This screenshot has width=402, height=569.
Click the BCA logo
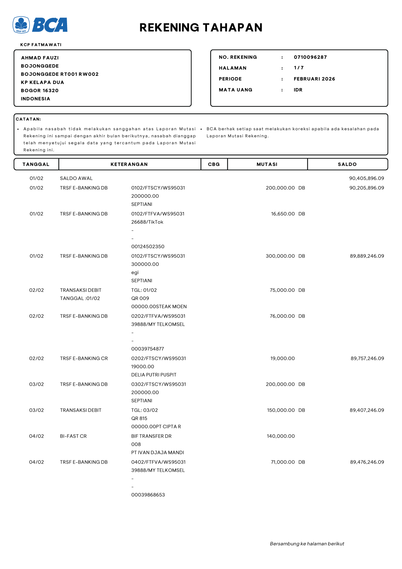40,25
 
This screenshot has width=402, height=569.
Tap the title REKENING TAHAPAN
201,28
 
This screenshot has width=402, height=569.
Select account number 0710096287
310,57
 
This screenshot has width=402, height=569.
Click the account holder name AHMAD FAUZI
40,58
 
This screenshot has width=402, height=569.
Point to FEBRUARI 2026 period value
314,79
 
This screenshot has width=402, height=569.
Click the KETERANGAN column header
129,164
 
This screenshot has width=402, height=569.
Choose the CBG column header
214,164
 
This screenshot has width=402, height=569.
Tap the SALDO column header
347,164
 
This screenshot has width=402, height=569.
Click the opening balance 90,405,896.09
366,178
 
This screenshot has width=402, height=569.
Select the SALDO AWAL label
76,178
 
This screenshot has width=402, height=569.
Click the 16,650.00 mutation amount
283,214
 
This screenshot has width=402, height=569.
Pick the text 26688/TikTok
147,222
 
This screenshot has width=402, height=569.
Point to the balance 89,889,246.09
367,256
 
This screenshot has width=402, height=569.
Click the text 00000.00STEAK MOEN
159,307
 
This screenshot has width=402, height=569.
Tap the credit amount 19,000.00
282,359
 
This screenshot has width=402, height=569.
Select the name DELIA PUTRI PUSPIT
154,375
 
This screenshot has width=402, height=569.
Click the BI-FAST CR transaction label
73,436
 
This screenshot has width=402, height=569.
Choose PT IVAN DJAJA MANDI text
157,453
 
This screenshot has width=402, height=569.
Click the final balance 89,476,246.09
367,462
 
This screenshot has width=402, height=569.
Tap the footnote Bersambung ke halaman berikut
307,544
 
